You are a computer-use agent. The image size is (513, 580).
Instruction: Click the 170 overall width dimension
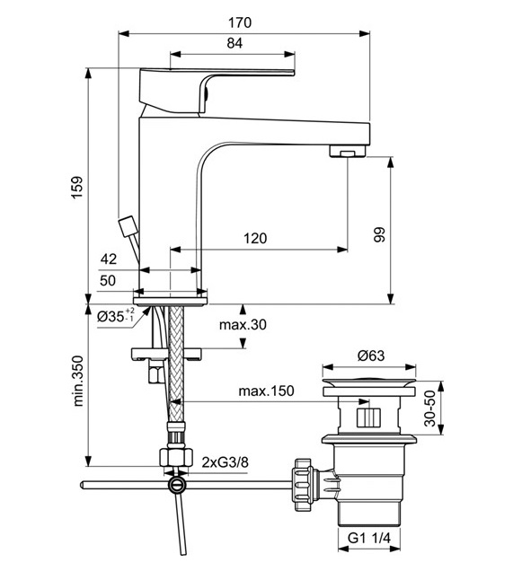tap(240, 22)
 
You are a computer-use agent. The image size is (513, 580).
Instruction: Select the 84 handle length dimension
tap(234, 43)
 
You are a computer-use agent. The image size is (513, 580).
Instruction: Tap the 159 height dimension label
tap(77, 188)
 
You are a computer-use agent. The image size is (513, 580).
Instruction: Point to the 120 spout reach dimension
tap(255, 238)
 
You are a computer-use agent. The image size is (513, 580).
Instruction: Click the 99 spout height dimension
tap(379, 234)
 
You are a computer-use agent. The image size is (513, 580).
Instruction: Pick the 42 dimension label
tap(109, 259)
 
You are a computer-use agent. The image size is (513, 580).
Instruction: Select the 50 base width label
tap(108, 280)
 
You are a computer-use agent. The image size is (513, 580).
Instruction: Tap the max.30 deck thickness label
tap(243, 324)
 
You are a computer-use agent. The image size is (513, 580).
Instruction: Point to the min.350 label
tap(78, 381)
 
